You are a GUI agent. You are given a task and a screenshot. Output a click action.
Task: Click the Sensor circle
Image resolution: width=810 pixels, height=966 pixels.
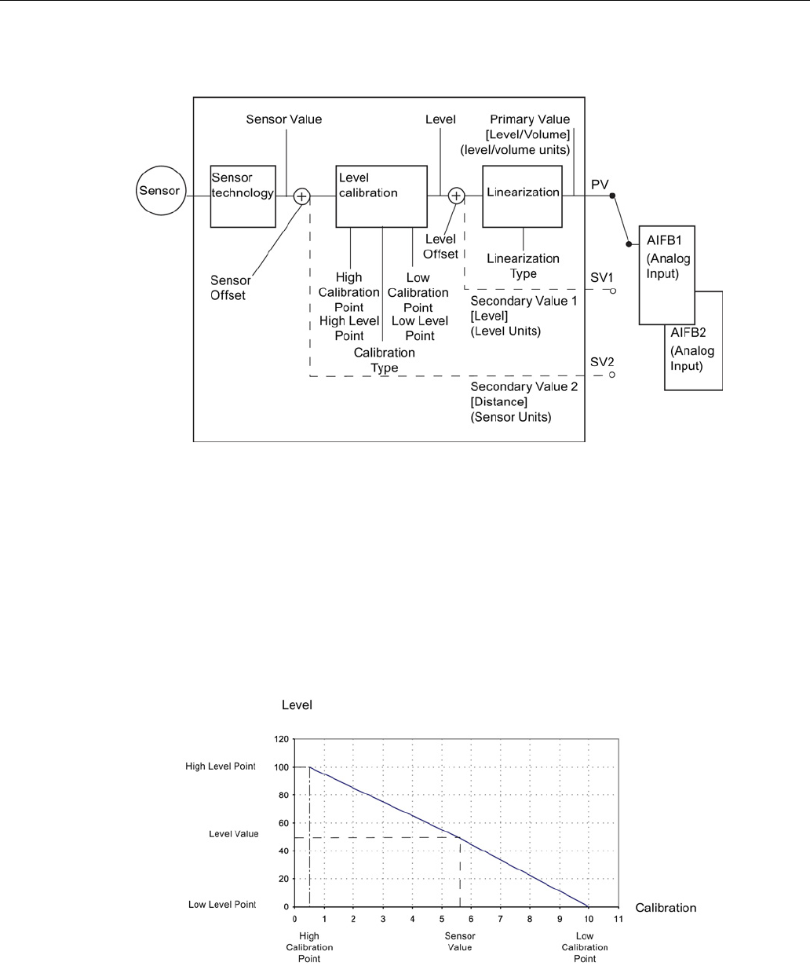[x=159, y=191]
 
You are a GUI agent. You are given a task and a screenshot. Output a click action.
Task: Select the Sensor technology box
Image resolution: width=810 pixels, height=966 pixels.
[x=243, y=196]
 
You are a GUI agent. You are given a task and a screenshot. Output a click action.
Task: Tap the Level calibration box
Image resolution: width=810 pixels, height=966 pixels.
[x=381, y=196]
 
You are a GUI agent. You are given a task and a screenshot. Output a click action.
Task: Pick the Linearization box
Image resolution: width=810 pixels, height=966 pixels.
[x=523, y=196]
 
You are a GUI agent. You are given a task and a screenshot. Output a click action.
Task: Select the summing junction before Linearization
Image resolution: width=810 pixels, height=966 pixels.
[x=456, y=196]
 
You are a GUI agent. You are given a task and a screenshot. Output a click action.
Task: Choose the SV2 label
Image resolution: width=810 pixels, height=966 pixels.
[x=601, y=363]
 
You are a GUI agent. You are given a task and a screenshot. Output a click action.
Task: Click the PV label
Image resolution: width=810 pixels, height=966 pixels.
[x=599, y=182]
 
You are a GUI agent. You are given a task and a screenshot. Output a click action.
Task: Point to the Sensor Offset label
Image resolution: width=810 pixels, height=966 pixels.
[x=231, y=287]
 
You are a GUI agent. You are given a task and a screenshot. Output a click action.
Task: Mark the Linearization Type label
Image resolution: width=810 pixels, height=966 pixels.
[x=523, y=266]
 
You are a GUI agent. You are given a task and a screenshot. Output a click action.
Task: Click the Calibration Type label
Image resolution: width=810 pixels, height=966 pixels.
[x=385, y=360]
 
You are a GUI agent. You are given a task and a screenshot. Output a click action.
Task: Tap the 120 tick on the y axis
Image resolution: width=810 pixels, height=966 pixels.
[x=281, y=739]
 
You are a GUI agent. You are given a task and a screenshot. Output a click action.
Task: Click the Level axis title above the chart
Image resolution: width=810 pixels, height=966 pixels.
[x=297, y=705]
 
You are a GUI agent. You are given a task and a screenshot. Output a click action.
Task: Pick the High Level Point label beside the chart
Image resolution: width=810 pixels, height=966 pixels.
[x=221, y=767]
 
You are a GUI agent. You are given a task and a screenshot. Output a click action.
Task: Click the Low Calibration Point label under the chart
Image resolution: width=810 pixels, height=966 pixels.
[x=585, y=946]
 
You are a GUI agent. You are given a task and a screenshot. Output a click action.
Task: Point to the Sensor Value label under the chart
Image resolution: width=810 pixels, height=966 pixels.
[x=460, y=942]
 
